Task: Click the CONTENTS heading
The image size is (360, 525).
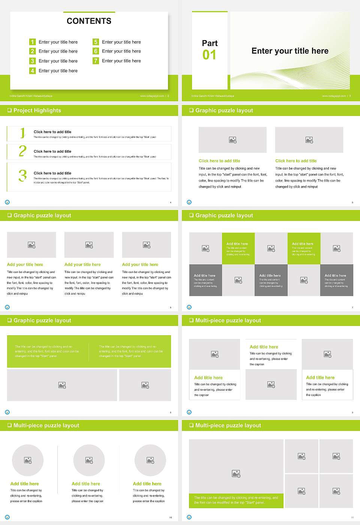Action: [x=89, y=21]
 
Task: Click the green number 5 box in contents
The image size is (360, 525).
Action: [x=96, y=42]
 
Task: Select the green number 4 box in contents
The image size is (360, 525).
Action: [x=32, y=70]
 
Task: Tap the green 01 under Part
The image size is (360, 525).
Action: [x=209, y=55]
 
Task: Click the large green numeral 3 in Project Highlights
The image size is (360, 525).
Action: [x=22, y=175]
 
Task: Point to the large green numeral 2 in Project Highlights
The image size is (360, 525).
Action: [x=22, y=151]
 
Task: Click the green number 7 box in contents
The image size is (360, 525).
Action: [x=96, y=61]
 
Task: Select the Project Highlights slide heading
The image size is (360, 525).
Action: [x=37, y=110]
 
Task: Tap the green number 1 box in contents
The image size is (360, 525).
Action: [x=32, y=42]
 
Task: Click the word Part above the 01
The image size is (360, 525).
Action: [x=210, y=43]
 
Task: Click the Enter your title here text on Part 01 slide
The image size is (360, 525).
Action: [x=290, y=51]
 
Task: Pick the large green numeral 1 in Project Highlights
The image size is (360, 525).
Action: [x=22, y=133]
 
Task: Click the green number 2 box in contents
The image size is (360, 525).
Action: [x=32, y=51]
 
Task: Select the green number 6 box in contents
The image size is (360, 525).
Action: [x=96, y=51]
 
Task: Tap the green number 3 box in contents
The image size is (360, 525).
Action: [x=32, y=61]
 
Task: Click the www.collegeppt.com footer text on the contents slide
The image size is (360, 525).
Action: [x=152, y=96]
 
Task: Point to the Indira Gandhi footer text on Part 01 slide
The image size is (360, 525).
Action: [x=213, y=96]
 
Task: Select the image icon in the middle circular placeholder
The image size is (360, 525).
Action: [x=89, y=460]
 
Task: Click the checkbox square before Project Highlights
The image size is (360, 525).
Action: [x=9, y=110]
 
